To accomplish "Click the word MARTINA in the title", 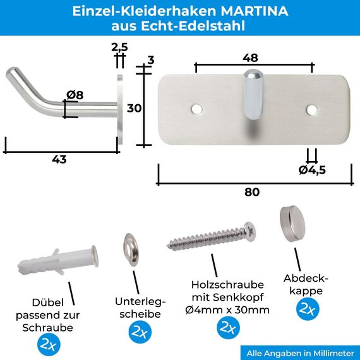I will [x=252, y=11].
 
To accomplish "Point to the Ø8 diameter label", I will [x=75, y=95].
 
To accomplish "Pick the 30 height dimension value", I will [x=134, y=108].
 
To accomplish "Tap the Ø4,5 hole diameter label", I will [x=312, y=169].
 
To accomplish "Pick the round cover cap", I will [x=293, y=222].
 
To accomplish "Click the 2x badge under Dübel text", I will [x=49, y=344].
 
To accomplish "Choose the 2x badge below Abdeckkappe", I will [x=307, y=309].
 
